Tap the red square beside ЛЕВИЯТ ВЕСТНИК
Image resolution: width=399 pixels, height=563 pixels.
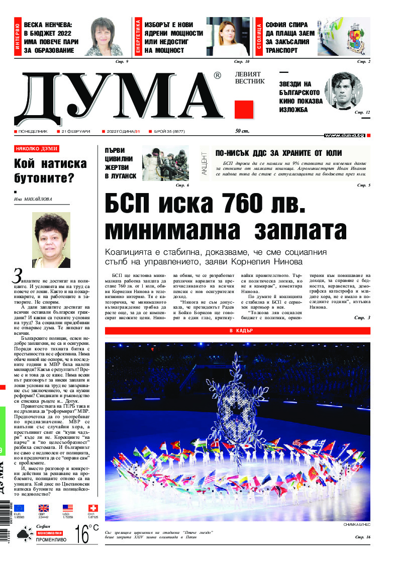point(244,109)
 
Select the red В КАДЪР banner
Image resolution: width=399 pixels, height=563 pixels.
point(238,331)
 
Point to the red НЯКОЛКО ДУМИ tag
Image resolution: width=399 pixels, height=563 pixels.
point(37,149)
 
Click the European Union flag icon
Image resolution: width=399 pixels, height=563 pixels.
point(19,508)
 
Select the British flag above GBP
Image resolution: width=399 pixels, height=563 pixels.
point(43,508)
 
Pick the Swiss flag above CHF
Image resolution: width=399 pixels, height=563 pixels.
point(92,508)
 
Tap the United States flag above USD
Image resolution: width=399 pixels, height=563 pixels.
point(67,508)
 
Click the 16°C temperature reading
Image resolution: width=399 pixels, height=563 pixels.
point(86,534)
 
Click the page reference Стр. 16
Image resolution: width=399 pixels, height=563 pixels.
point(362,537)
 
